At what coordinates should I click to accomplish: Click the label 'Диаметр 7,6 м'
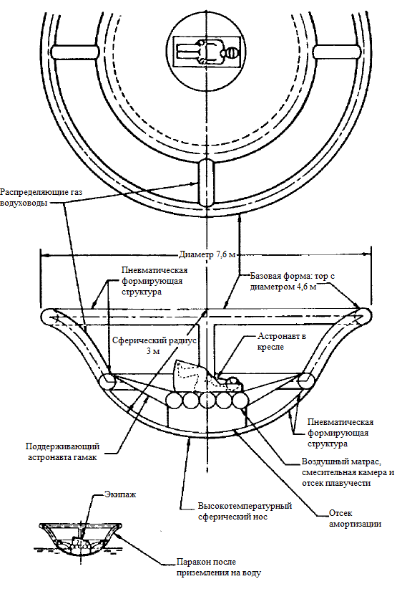tap(207, 255)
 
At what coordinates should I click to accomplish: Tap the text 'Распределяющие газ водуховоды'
tap(41, 198)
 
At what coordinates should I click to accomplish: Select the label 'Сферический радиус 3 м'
tap(155, 346)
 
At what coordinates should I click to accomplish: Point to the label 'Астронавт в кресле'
tap(281, 342)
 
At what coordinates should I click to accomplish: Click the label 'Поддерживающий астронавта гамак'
tap(63, 452)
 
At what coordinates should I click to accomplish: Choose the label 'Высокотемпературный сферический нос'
tap(245, 511)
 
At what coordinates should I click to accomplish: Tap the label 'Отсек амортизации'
tap(355, 518)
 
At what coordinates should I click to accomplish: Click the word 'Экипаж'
tap(119, 494)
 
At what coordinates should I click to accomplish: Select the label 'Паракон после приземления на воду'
tap(219, 568)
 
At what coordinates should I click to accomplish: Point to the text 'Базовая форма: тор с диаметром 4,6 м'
tap(293, 282)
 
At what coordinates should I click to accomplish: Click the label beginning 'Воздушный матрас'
tap(348, 472)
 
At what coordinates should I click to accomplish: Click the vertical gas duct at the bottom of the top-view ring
tap(207, 182)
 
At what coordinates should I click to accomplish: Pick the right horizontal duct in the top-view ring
tap(337, 52)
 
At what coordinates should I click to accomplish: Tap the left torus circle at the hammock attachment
tap(108, 381)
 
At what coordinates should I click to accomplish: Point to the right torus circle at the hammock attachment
tap(306, 381)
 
